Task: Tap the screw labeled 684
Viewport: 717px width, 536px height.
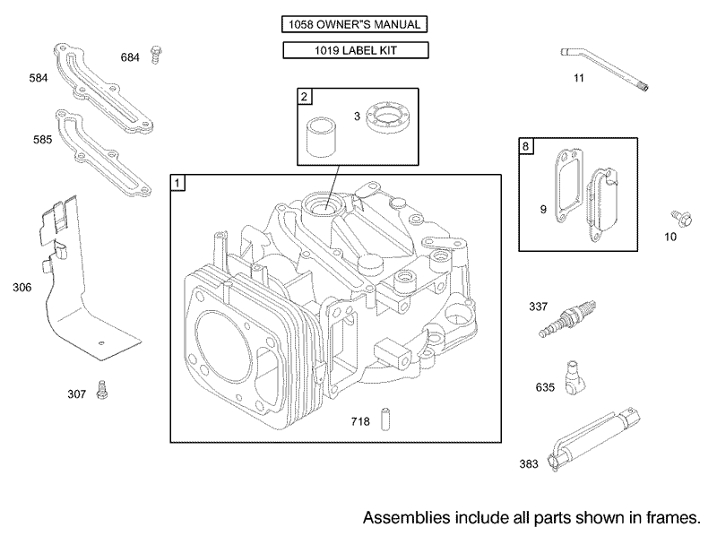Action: coord(155,55)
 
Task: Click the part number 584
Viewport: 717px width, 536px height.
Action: coord(38,79)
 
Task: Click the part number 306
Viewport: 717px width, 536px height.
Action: coord(22,287)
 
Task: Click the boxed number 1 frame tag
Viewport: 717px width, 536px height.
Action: coord(178,183)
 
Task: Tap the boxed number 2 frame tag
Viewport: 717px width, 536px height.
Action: coord(305,96)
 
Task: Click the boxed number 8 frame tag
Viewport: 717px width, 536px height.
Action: coord(526,146)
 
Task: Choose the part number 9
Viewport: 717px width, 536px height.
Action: coord(543,210)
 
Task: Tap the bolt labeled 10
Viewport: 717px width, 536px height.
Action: coord(678,217)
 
